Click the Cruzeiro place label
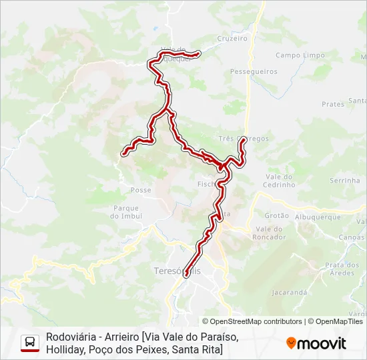(x=232, y=38)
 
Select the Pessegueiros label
(x=248, y=71)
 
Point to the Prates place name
(x=332, y=104)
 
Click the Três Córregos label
(x=244, y=139)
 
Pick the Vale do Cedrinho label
(x=279, y=181)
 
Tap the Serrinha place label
(x=344, y=181)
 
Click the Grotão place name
(x=276, y=216)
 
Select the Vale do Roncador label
(x=269, y=233)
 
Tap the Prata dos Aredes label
(x=340, y=269)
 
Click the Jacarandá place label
(x=290, y=292)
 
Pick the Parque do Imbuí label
(x=126, y=211)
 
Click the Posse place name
(x=141, y=190)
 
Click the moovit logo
(x=316, y=343)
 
